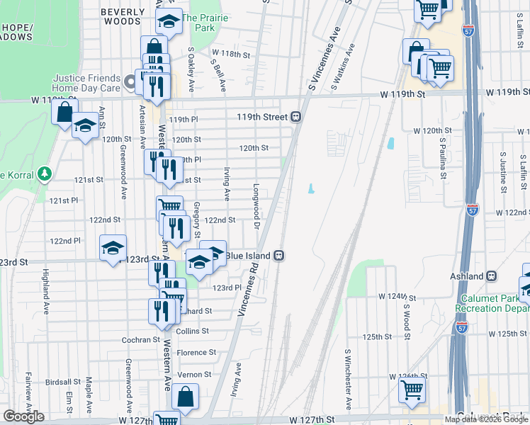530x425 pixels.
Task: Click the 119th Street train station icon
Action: point(297,117)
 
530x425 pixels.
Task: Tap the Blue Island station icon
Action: point(280,255)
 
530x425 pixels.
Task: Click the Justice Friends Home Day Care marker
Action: point(130,83)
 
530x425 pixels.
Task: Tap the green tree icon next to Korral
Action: point(44,173)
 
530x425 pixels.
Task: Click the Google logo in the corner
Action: point(23,416)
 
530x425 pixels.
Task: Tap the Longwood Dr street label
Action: point(256,202)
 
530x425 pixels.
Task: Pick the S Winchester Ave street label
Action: point(348,379)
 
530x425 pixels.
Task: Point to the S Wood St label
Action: point(407,319)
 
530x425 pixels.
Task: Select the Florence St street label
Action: point(196,352)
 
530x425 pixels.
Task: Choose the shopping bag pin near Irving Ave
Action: point(186,398)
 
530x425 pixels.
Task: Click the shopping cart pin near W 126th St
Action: point(412,388)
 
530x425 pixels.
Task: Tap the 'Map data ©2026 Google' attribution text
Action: point(486,419)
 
